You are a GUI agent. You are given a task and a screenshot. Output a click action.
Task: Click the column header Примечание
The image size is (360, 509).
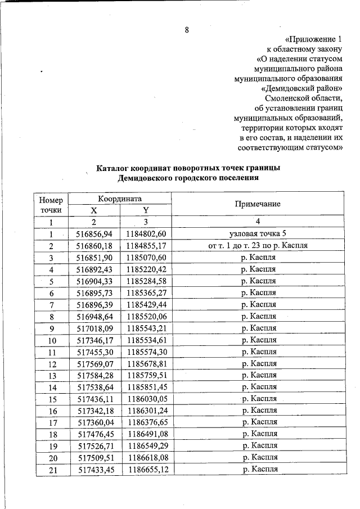click(x=258, y=204)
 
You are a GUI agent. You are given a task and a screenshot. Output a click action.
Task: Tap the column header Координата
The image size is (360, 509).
click(x=119, y=199)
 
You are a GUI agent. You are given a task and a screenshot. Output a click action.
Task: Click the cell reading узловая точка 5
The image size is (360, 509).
click(x=258, y=234)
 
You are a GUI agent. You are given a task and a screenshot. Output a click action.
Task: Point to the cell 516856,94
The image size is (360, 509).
click(x=94, y=234)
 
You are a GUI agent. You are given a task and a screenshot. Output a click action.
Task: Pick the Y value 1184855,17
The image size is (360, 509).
click(x=145, y=246)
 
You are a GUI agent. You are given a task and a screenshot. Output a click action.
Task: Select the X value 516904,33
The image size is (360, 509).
click(x=94, y=281)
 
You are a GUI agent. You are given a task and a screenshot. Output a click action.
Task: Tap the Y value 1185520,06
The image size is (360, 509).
click(x=145, y=316)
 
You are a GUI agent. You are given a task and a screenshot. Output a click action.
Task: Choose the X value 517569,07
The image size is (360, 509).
click(x=94, y=363)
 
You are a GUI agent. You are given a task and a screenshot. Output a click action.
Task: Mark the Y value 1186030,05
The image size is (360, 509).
click(x=145, y=399)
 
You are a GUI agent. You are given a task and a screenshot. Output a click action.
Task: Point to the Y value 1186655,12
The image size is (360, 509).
click(x=145, y=470)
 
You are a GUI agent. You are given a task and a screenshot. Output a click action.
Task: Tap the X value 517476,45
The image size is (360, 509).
click(x=94, y=434)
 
